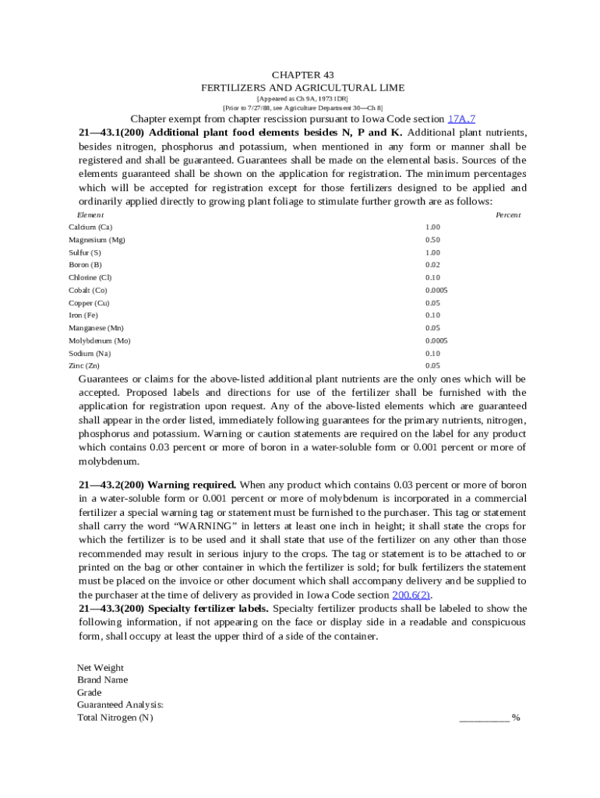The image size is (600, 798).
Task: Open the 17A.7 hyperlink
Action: (461, 119)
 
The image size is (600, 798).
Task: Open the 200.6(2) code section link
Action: (411, 595)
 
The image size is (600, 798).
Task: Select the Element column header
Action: (90, 214)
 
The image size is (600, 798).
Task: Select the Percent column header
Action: (508, 214)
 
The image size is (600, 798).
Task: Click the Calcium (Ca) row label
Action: (90, 227)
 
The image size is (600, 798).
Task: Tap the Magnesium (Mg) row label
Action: (97, 240)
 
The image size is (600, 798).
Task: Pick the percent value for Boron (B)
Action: (432, 265)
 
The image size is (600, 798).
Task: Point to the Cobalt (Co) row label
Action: (87, 290)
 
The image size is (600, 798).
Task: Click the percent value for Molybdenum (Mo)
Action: (436, 341)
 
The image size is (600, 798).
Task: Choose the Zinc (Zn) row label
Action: (84, 365)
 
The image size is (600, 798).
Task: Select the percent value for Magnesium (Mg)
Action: (432, 240)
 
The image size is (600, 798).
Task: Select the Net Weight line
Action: (101, 668)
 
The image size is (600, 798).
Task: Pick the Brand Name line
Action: (102, 680)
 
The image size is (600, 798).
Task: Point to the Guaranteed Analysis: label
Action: (120, 705)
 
